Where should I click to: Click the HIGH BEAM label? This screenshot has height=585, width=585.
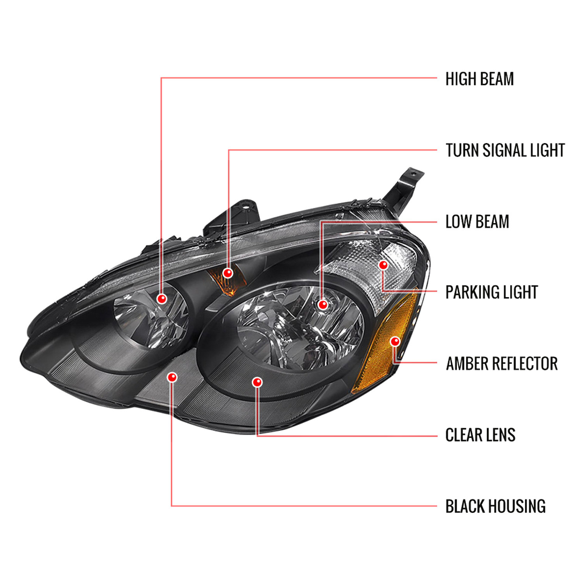479,79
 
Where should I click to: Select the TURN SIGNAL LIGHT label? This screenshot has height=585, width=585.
505,150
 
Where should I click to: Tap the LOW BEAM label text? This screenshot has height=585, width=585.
477,222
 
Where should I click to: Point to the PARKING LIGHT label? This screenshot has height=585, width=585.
491,292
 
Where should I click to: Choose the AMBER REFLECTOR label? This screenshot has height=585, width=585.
502,363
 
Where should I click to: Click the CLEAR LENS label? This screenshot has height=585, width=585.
480,435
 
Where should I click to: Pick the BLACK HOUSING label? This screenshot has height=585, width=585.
495,506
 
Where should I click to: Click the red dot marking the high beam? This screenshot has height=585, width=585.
161,299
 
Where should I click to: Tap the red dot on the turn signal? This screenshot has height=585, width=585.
228,273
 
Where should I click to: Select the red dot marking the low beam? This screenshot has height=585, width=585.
323,304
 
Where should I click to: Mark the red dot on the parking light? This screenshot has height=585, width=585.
383,265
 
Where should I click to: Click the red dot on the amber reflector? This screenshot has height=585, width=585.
395,342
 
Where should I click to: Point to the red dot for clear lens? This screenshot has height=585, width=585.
257,382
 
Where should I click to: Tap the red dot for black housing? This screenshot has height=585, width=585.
172,377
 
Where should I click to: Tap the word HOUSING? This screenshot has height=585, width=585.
517,506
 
